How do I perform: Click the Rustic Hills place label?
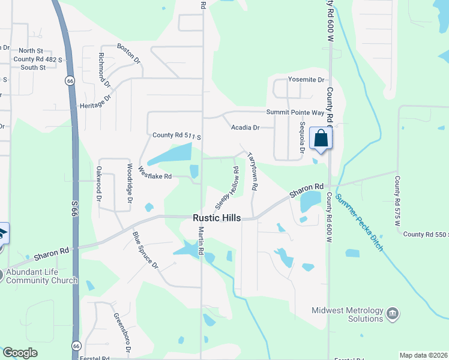217,218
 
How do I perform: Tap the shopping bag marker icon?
321,139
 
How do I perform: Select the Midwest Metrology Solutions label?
348,314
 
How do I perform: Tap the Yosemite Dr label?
306,80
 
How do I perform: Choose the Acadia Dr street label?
245,127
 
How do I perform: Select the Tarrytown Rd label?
253,172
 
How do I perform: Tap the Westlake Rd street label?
155,173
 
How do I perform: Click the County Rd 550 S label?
426,235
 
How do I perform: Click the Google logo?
20,353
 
